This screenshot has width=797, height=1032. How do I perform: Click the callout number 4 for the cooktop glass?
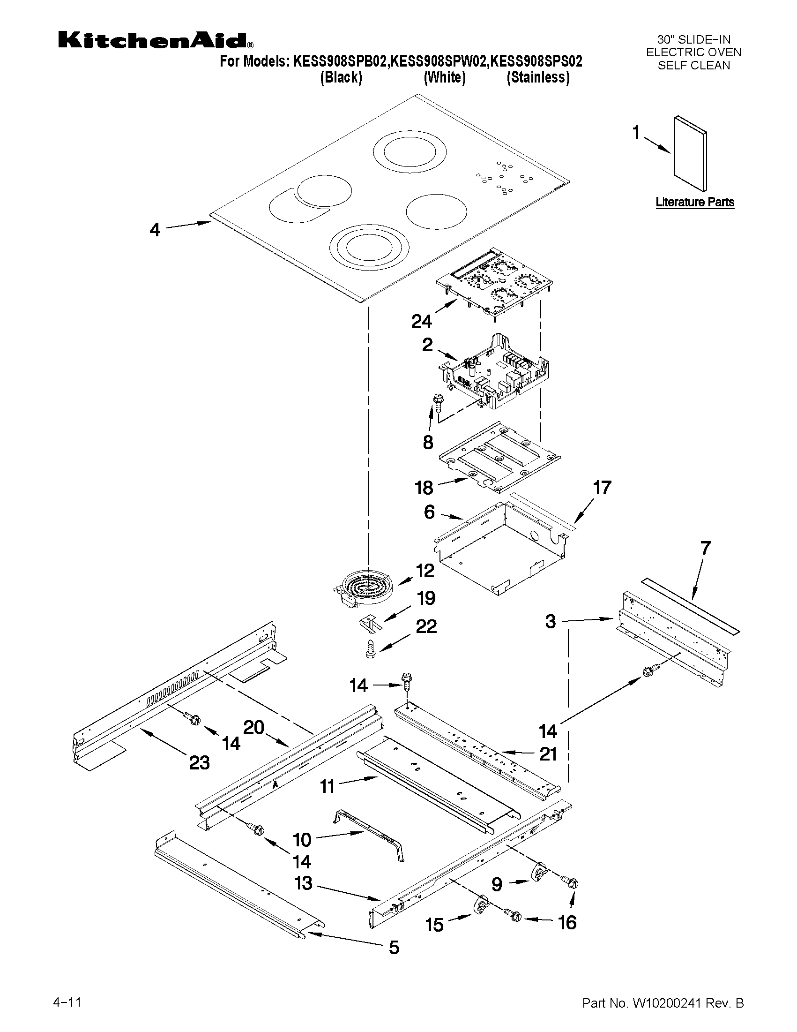pyautogui.click(x=155, y=230)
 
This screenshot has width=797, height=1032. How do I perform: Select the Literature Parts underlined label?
pyautogui.click(x=694, y=202)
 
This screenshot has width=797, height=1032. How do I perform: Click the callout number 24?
pyautogui.click(x=421, y=321)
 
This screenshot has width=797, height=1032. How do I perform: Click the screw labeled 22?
pyautogui.click(x=370, y=649)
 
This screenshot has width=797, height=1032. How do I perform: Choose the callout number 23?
pyautogui.click(x=199, y=763)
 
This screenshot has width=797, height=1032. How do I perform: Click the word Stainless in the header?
pyautogui.click(x=538, y=77)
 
